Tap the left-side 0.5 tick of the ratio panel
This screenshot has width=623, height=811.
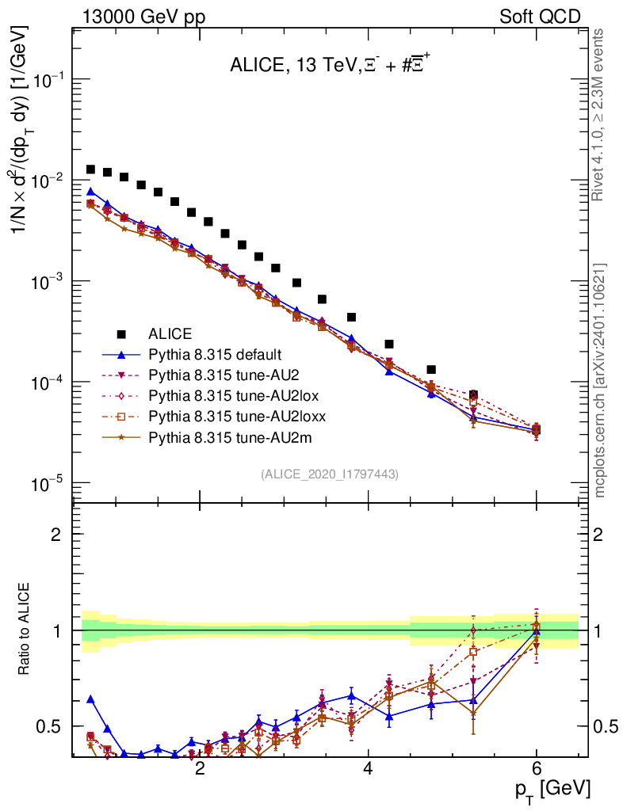49,726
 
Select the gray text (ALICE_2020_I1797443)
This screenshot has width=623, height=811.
329,474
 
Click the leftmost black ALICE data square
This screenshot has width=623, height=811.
91,169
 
